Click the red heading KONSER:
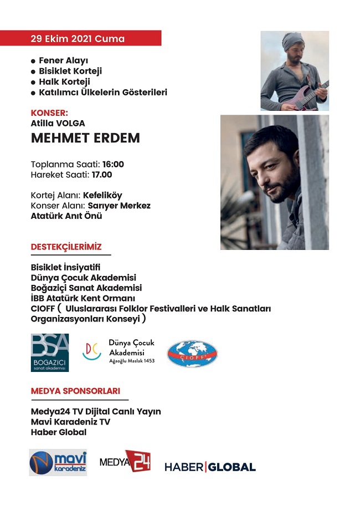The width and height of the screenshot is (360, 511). point(49,113)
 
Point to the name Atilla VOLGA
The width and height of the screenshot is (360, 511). point(58,124)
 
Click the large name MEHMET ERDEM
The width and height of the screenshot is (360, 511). point(85,139)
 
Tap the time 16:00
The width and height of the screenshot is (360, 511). point(113,164)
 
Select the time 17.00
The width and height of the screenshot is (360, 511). point(102,175)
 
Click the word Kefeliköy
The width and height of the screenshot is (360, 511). point(102,195)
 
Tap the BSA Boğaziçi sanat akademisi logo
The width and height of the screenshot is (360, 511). point(50,352)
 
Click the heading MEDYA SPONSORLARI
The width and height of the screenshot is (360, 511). point(75,391)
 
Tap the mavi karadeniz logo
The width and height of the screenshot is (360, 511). point(58,462)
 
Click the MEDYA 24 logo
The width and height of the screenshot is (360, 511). point(125,461)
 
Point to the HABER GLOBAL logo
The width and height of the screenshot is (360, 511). point(210,467)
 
